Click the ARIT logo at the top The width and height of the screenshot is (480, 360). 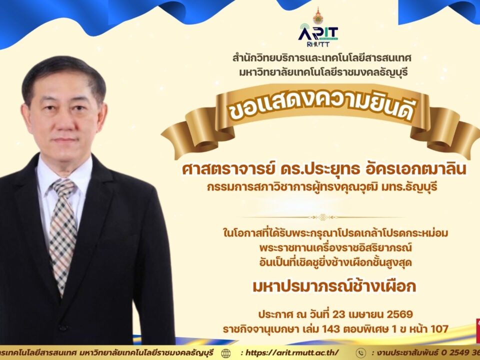point(318,33)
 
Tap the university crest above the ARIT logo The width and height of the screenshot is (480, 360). point(318,15)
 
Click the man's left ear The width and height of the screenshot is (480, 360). point(103,117)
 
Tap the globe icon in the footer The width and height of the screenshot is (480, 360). point(226,352)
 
